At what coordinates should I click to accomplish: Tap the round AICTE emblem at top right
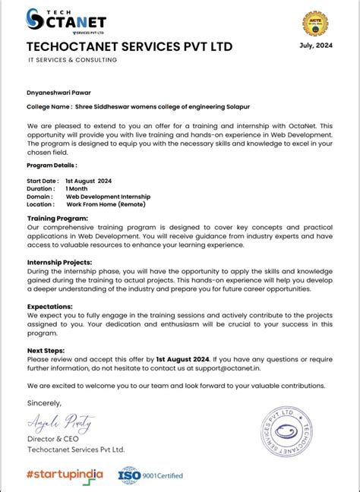tap(314, 24)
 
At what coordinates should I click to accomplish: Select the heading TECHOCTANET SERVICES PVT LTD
tap(129, 47)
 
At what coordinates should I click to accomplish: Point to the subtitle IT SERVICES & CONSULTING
tap(71, 60)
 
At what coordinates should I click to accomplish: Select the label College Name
tap(49, 106)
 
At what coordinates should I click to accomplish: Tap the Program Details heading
tap(52, 165)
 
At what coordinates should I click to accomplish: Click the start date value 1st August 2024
tap(94, 181)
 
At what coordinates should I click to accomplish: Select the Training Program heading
tap(57, 218)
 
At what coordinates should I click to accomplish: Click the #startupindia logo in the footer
tap(65, 475)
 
